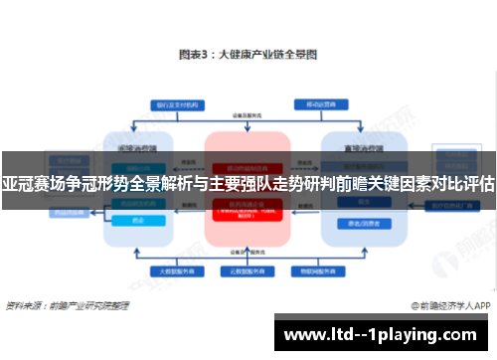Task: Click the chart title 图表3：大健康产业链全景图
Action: coord(248,57)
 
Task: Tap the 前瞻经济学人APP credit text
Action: coord(452,305)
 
